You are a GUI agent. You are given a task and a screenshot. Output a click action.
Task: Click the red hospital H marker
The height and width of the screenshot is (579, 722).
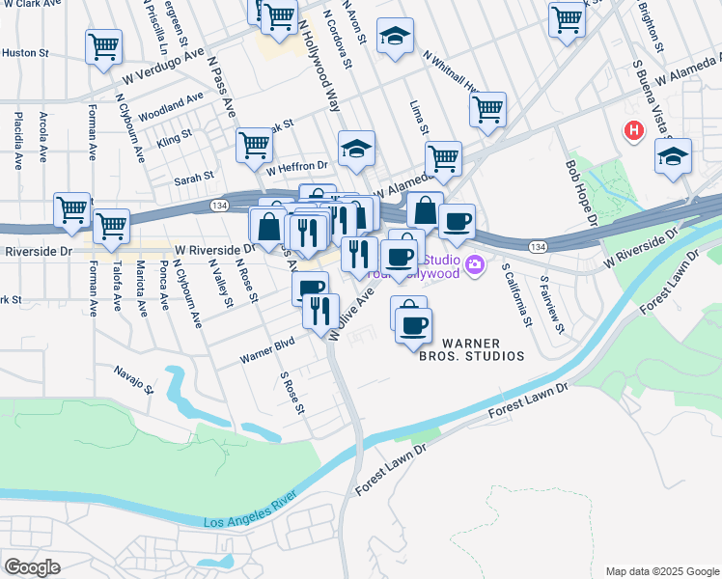coord(633,130)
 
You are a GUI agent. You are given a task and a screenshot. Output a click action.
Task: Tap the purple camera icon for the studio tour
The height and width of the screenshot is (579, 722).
coord(475,263)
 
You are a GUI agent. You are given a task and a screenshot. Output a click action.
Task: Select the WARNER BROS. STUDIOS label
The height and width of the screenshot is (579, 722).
coord(483,349)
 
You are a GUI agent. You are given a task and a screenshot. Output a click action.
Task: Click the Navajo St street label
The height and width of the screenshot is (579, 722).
coord(133,378)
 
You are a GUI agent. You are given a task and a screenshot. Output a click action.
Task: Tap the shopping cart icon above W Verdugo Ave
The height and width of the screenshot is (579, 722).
coord(103,46)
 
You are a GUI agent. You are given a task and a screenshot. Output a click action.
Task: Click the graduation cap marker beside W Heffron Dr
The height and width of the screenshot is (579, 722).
coord(356,149)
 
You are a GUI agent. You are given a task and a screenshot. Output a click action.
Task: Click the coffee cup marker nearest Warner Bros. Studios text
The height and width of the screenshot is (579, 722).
coord(413,325)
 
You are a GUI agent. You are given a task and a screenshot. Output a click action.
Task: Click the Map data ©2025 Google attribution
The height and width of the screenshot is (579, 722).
coord(661,571)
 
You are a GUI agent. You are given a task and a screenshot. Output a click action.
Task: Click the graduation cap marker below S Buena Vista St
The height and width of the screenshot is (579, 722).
coord(673,157)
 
